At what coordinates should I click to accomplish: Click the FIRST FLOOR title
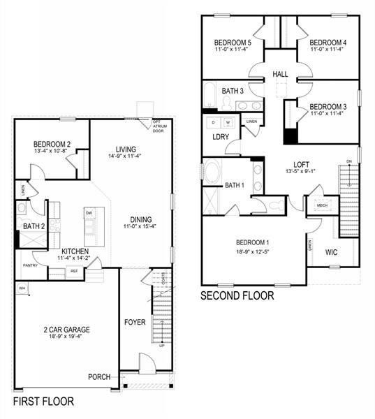point(43,402)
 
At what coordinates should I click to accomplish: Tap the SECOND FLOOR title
point(237,295)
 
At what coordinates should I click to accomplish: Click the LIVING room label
point(126,149)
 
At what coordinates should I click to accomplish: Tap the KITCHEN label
point(75,251)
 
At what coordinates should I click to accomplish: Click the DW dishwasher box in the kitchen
point(89,214)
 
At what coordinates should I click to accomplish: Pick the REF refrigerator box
point(73,270)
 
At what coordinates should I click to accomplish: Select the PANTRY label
point(30,265)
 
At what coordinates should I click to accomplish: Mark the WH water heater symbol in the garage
point(22,288)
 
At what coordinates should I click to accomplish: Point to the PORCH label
point(99,377)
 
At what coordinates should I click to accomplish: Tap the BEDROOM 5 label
point(233,43)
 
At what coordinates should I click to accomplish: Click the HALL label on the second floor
point(280,73)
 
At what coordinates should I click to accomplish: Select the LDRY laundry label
point(221,136)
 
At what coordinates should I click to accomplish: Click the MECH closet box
point(322,205)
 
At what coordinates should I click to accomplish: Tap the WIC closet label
point(331,251)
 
